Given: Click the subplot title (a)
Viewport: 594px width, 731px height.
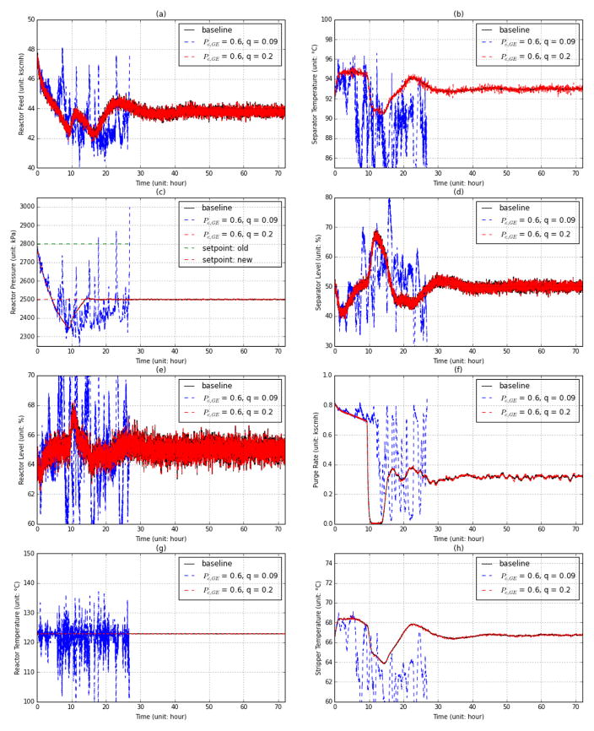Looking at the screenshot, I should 160,13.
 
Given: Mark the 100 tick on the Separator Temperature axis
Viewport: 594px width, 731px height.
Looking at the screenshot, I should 325,19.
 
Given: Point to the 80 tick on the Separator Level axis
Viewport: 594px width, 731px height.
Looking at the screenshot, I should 327,198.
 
